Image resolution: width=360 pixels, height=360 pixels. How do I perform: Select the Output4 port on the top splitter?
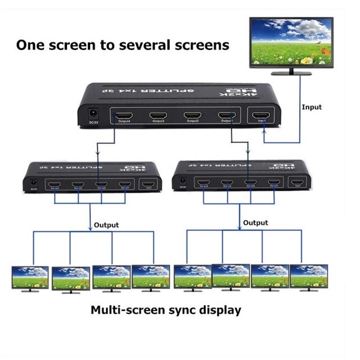tap(123, 118)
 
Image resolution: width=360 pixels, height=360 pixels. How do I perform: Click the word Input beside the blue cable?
tap(312, 107)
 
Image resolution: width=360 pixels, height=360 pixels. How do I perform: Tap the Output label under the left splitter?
tap(106, 225)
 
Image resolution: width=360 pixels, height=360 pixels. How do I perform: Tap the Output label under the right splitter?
tap(255, 223)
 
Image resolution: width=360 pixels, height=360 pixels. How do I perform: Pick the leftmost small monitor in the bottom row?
tap(30, 277)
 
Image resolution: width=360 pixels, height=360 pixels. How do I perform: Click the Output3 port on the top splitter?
tap(158, 118)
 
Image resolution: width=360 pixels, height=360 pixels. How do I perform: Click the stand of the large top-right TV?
tap(291, 71)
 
